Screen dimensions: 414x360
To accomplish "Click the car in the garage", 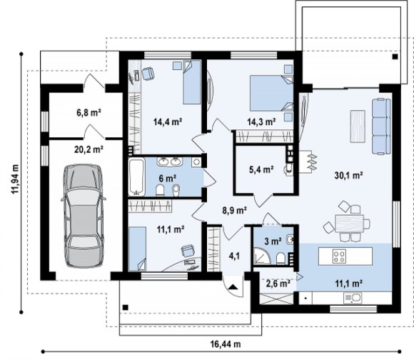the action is click(84, 216).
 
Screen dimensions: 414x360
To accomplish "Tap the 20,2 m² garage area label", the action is click(89, 149).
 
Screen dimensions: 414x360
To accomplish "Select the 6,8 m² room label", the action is click(89, 113).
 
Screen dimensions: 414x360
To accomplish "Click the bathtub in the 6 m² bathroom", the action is click(136, 176).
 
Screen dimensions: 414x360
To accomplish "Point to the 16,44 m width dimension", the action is click(226, 344).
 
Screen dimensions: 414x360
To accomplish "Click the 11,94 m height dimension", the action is click(15, 179).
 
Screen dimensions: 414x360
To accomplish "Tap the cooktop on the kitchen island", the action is click(339, 256).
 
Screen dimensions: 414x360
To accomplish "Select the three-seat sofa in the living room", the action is click(381, 126).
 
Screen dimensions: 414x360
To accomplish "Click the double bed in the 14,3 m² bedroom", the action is click(271, 93).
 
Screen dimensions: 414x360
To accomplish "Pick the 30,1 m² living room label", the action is click(348, 175).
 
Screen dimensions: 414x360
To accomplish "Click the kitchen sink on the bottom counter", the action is click(353, 299).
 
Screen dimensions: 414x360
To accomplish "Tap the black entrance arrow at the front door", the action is click(233, 287).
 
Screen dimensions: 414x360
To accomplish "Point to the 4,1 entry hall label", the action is click(234, 256).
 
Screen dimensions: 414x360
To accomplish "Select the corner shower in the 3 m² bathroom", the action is click(262, 256).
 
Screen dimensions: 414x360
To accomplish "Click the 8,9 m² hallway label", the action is click(234, 211).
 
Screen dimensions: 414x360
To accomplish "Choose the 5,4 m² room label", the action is click(261, 169).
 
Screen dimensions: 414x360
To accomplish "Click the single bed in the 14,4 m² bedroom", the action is click(192, 82).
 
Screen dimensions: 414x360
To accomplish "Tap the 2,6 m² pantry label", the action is click(276, 284).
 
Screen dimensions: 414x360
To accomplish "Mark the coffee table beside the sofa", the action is click(358, 126).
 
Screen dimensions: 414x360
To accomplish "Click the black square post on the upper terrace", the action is click(395, 56).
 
